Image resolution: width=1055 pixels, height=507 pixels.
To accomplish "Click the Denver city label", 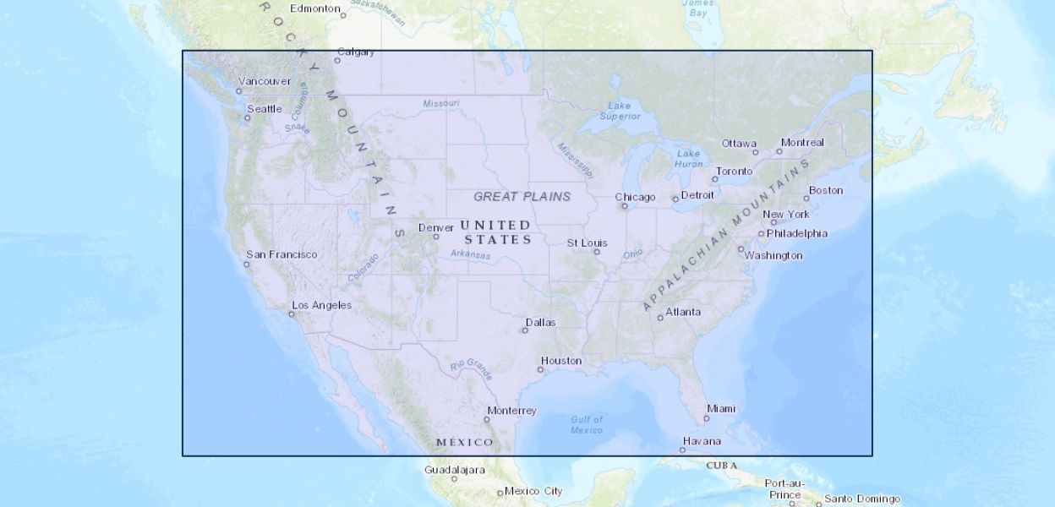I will (436, 227).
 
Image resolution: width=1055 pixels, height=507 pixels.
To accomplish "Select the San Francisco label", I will (282, 254).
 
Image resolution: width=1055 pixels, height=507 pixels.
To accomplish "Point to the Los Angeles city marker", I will (292, 314).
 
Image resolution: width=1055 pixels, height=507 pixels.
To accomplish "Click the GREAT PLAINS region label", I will (522, 197).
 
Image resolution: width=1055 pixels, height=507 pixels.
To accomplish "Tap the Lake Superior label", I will (620, 111).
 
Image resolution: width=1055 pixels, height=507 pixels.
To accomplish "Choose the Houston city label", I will (561, 361).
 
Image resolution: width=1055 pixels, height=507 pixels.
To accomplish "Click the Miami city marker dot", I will (707, 418).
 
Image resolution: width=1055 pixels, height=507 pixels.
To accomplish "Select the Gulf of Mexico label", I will (587, 425).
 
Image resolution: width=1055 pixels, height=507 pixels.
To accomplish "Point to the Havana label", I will (702, 441).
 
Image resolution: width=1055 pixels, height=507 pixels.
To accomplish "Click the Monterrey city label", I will (511, 411).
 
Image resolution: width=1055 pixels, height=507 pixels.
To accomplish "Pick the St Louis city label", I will (587, 243).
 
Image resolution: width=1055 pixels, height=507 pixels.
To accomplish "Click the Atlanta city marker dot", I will (660, 318).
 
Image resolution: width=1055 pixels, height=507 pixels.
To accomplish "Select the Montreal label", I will (802, 143).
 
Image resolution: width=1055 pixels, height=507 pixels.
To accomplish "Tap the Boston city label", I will (826, 190).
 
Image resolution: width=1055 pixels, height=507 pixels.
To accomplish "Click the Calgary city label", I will (356, 52).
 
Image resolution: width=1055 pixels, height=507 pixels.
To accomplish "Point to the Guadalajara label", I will (455, 469).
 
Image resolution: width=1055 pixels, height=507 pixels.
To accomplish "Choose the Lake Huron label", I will (689, 159).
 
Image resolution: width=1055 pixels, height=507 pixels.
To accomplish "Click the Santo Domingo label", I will (862, 499).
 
